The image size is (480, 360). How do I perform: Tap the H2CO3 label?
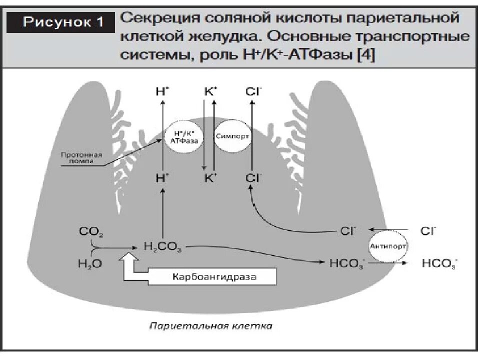coord(162,246)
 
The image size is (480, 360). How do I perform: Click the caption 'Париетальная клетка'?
coord(211,326)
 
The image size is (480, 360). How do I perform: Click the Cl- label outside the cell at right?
coord(428,231)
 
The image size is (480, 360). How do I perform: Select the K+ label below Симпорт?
coord(210,177)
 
